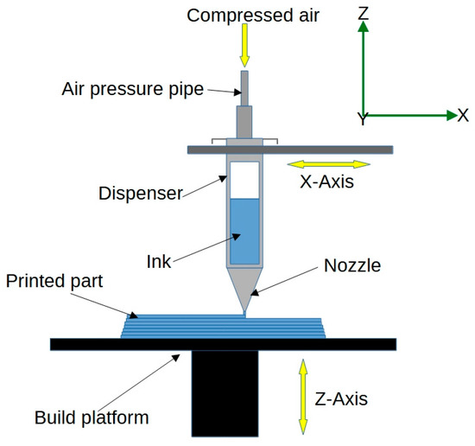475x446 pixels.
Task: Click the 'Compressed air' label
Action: pyautogui.click(x=244, y=15)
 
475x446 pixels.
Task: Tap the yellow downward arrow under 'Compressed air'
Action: pyautogui.click(x=244, y=48)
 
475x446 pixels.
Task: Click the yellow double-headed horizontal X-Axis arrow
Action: pyautogui.click(x=327, y=163)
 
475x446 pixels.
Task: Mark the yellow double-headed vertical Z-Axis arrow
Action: pyautogui.click(x=301, y=397)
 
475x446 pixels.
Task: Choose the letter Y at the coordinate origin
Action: pyautogui.click(x=363, y=120)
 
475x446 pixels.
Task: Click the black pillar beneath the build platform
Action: pyautogui.click(x=225, y=393)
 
